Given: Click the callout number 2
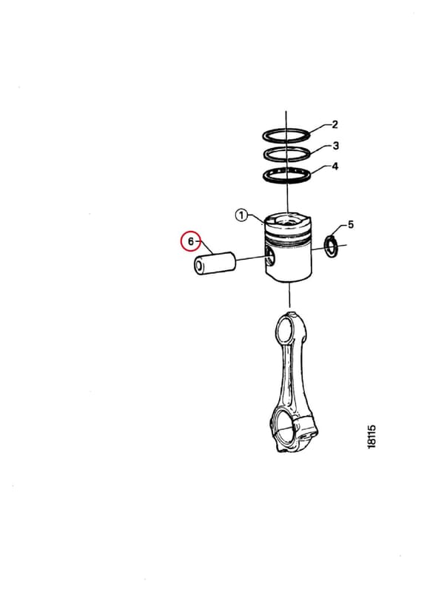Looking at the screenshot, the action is [x=334, y=124].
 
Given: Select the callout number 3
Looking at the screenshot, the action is [x=336, y=145].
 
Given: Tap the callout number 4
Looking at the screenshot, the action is [x=335, y=166].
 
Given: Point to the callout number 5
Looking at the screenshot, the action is [x=351, y=225].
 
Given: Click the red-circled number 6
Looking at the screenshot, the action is [x=191, y=241].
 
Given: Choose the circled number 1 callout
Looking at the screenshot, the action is [x=241, y=215].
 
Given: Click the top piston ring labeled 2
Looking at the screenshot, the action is [x=286, y=135].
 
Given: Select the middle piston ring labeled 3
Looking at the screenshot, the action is [x=286, y=154].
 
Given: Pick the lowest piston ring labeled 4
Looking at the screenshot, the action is [x=286, y=175].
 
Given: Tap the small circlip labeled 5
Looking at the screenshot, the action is [x=332, y=246].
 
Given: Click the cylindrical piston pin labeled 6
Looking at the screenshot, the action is [x=215, y=263].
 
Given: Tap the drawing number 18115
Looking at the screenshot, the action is [x=371, y=437].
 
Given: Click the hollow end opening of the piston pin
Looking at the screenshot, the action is [x=198, y=266].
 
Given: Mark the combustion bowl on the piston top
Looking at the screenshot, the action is [x=288, y=221].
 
